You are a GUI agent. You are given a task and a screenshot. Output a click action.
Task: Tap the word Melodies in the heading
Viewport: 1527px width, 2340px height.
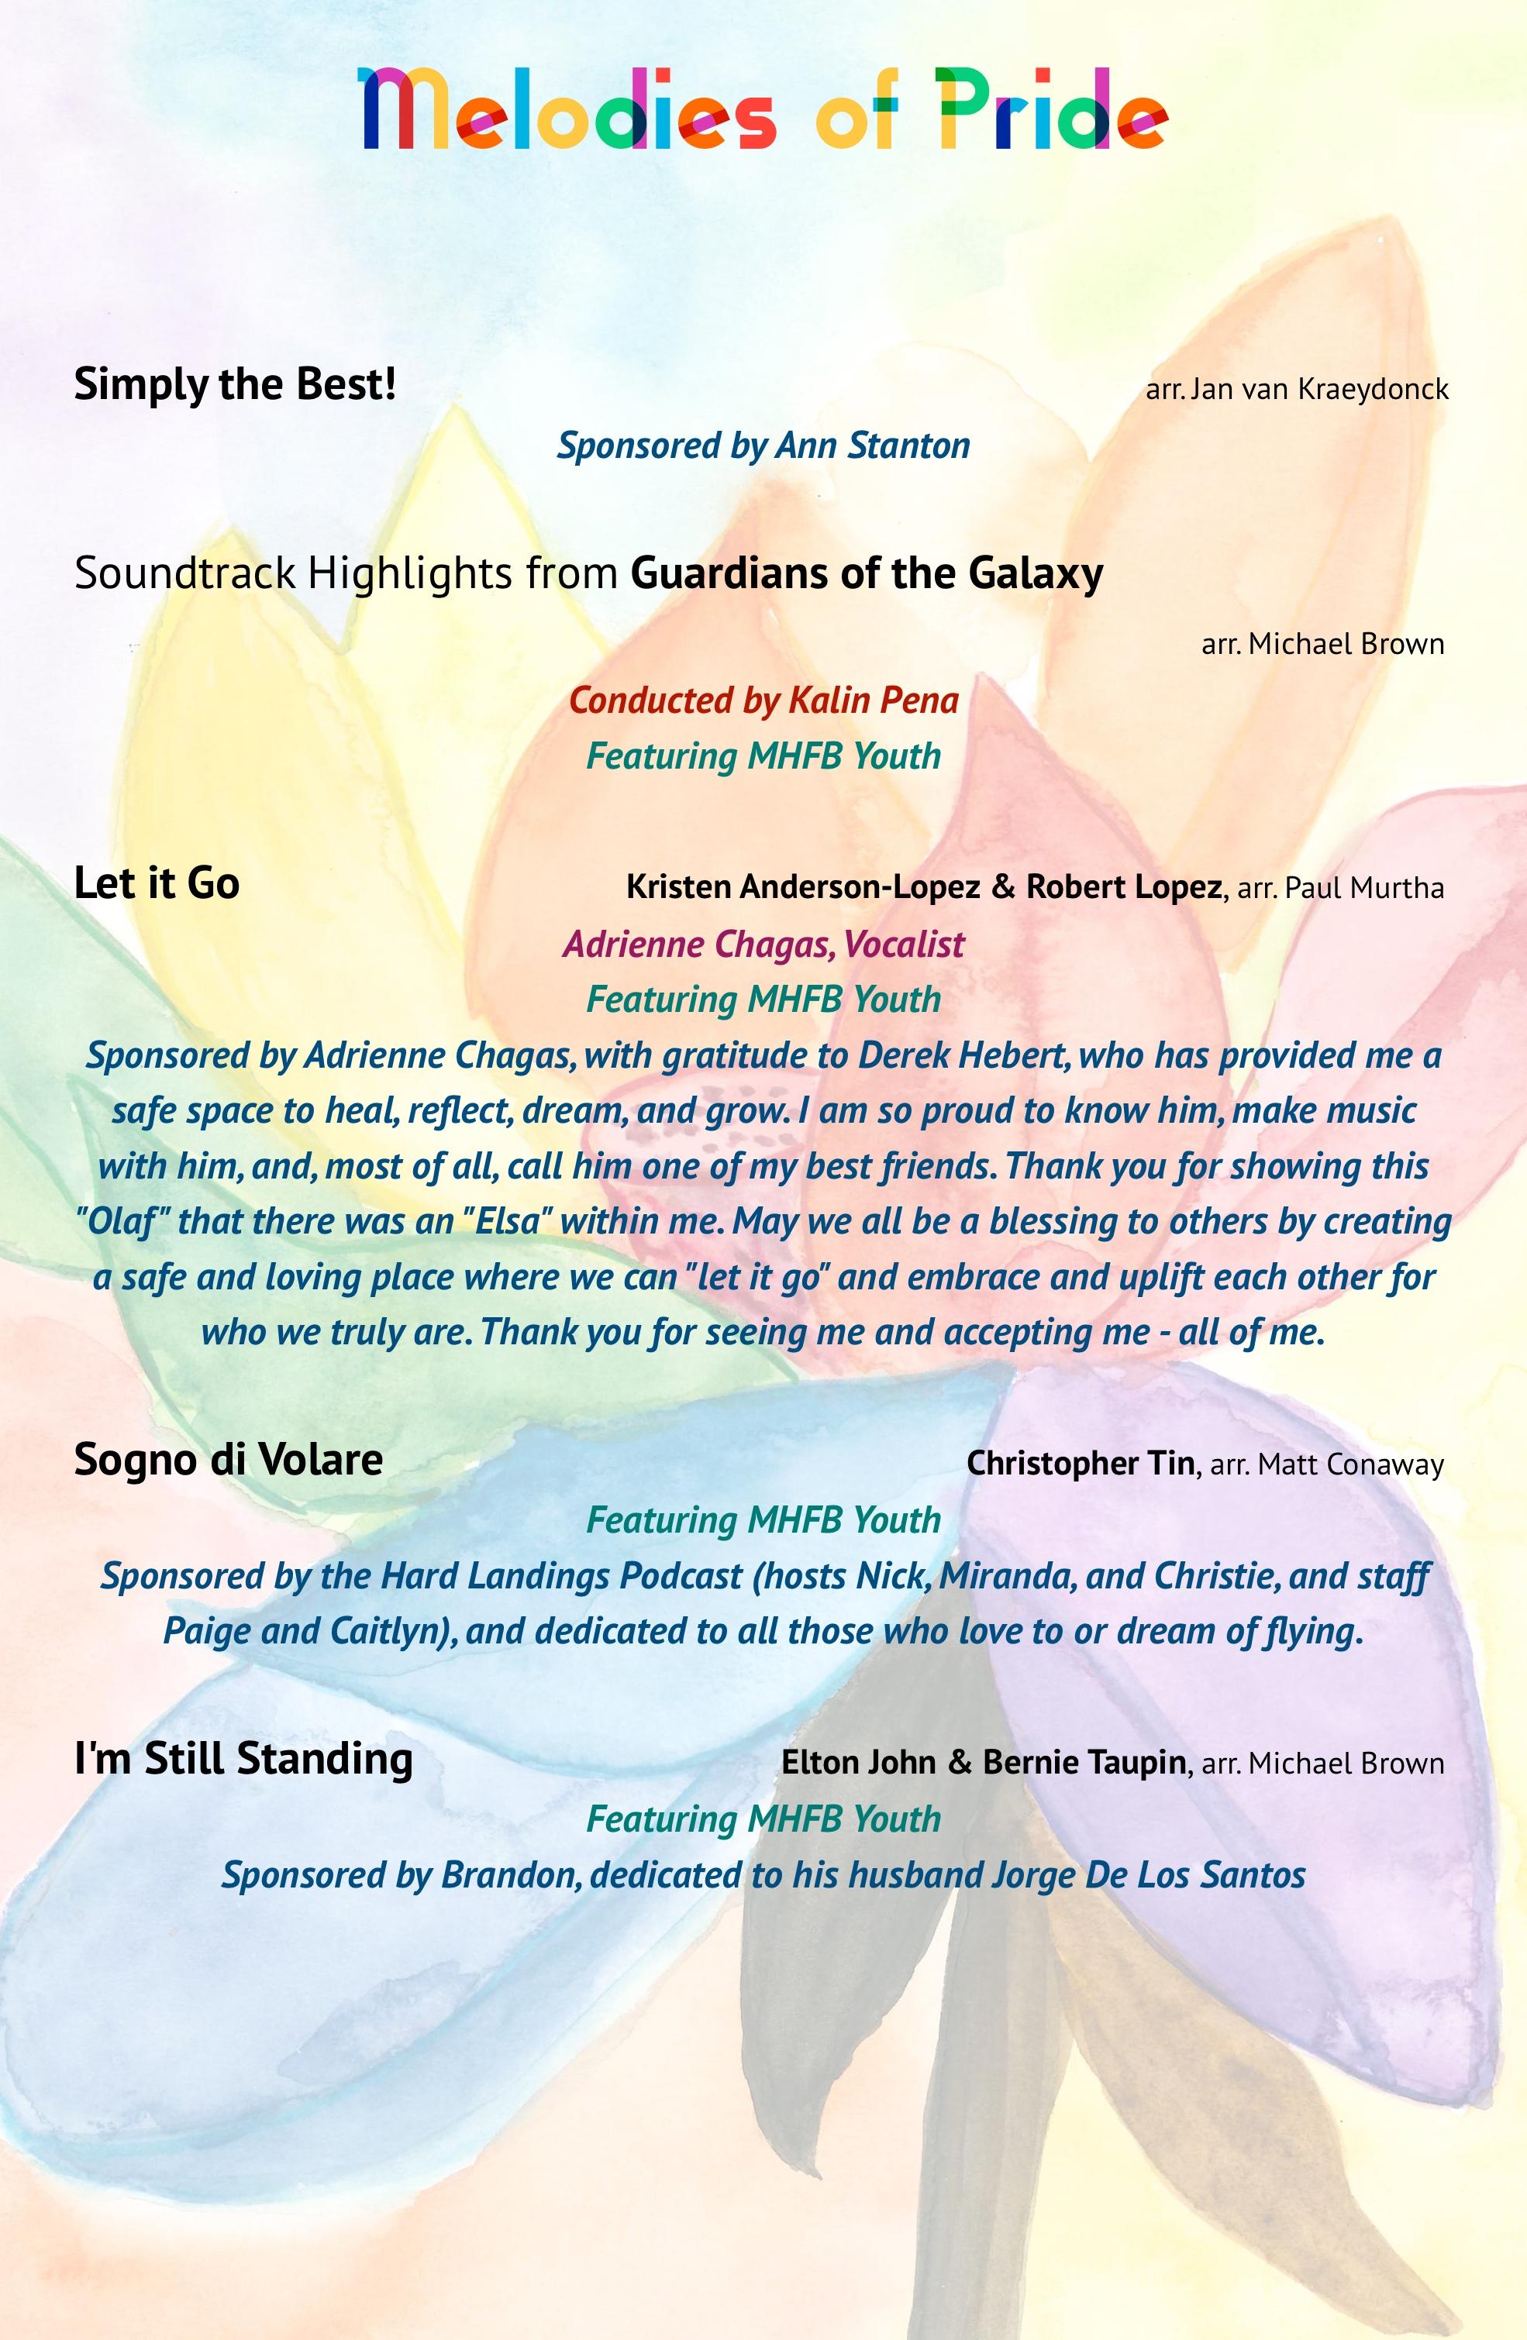point(569,110)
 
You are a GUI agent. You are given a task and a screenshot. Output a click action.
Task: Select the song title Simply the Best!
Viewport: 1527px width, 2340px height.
point(235,384)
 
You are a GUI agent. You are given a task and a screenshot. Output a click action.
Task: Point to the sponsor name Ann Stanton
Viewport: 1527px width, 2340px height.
point(872,446)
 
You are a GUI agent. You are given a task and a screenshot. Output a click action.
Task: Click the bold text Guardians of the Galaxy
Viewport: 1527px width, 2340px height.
point(867,573)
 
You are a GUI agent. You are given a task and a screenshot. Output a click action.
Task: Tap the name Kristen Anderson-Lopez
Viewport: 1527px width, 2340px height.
point(802,887)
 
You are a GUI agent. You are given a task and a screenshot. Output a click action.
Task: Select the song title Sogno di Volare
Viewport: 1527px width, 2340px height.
point(228,1460)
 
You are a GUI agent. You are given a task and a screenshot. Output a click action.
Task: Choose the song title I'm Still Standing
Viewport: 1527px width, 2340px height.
point(243,1759)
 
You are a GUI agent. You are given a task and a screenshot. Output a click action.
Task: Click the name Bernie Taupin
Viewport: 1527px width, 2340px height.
point(1084,1762)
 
